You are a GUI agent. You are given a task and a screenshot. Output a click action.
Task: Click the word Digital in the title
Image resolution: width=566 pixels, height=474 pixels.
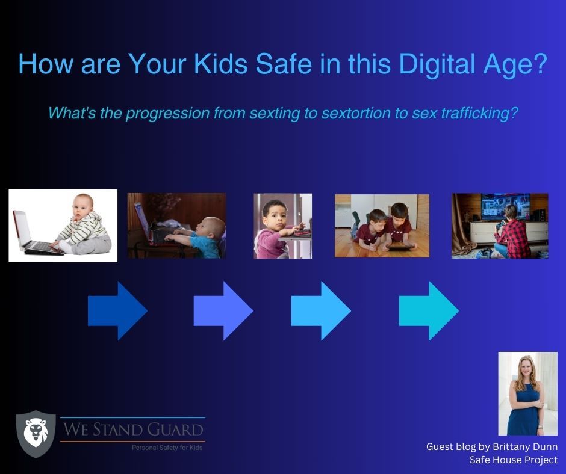click(437, 64)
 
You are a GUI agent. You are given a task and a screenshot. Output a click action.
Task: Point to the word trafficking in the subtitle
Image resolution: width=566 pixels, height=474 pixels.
click(479, 113)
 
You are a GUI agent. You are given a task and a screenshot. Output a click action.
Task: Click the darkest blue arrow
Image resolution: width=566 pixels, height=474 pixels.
click(117, 310)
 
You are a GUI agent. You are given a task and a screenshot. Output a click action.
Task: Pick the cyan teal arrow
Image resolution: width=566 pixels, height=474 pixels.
click(429, 310)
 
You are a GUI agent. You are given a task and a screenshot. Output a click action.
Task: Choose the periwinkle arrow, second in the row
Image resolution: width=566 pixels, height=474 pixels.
click(223, 310)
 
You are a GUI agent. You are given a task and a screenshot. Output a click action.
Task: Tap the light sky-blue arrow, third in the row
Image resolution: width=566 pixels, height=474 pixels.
click(321, 310)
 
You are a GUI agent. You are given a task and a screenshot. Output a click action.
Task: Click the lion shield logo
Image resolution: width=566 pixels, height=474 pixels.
click(36, 434)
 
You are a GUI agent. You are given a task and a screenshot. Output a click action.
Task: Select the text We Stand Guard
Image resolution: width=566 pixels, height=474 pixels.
click(133, 429)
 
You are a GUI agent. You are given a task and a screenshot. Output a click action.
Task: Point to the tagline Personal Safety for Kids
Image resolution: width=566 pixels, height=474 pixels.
click(167, 448)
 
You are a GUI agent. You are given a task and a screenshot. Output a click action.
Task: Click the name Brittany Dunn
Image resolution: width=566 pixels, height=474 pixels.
click(525, 446)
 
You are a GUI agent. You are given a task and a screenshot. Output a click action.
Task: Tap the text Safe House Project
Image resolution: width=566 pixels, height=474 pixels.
click(513, 460)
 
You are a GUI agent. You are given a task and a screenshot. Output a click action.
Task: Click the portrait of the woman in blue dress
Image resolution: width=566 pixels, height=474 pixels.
click(527, 393)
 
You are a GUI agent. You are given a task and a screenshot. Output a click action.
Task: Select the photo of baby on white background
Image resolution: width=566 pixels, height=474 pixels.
click(63, 226)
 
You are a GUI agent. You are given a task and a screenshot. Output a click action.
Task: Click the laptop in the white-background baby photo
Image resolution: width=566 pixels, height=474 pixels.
click(34, 233)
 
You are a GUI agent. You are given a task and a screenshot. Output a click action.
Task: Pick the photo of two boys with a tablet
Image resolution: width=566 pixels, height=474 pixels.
click(382, 226)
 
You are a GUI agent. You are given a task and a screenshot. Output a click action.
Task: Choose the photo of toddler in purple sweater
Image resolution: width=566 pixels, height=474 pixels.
click(282, 226)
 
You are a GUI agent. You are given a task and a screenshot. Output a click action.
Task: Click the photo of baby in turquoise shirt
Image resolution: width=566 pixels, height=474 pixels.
click(176, 226)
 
